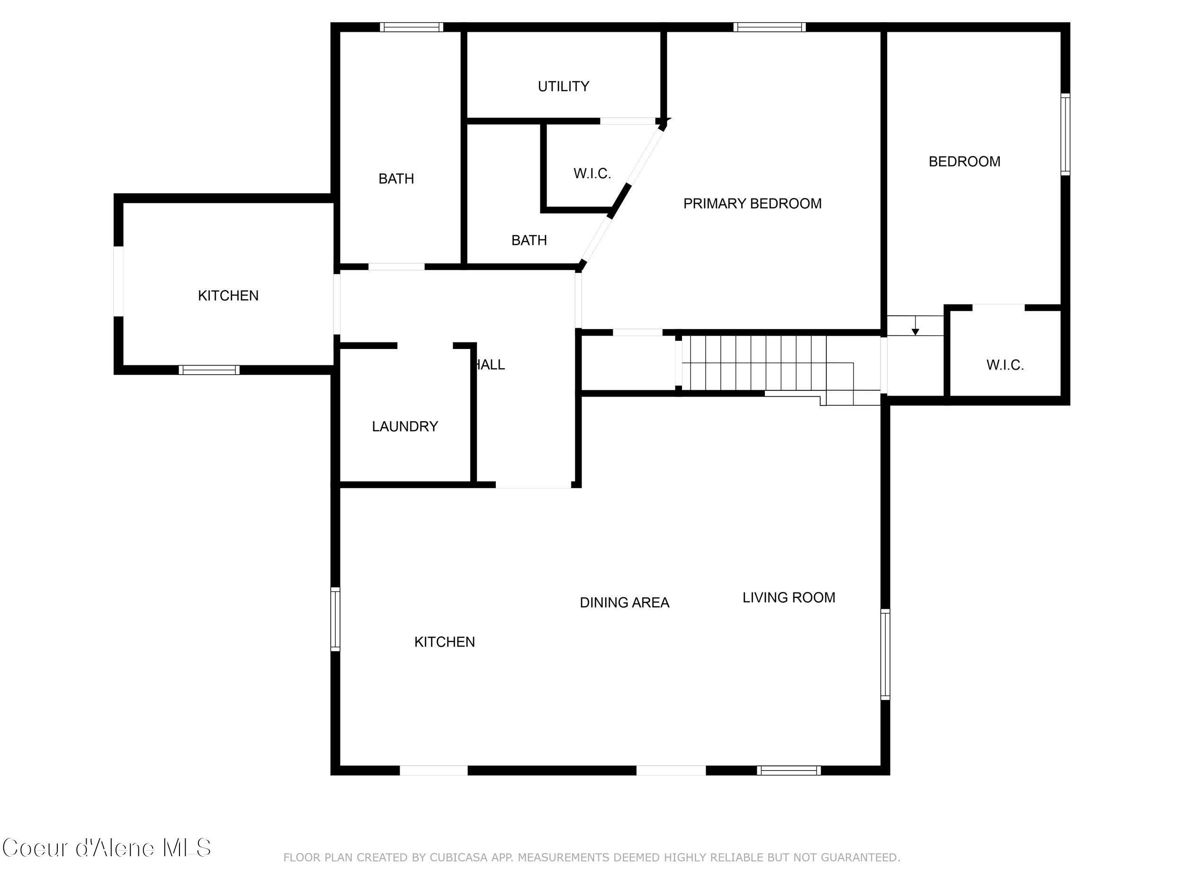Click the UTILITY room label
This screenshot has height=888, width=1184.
pos(563,86)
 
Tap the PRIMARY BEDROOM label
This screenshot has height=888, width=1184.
pos(752,203)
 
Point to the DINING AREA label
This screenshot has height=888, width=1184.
pos(624,603)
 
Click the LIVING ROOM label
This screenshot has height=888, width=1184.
pos(789,597)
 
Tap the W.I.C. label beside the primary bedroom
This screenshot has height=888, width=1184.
pos(592,173)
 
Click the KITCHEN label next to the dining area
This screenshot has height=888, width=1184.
pos(444,642)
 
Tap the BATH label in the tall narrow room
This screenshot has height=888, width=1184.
pos(396,179)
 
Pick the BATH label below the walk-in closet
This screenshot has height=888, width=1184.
pos(529,240)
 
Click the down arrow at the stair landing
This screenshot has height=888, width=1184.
pos(915,328)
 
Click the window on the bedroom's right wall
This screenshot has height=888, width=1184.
pos(1065,134)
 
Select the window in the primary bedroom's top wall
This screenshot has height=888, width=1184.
pos(769,27)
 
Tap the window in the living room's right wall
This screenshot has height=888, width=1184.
pos(885,654)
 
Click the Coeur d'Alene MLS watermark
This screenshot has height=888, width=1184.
pos(107,848)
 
